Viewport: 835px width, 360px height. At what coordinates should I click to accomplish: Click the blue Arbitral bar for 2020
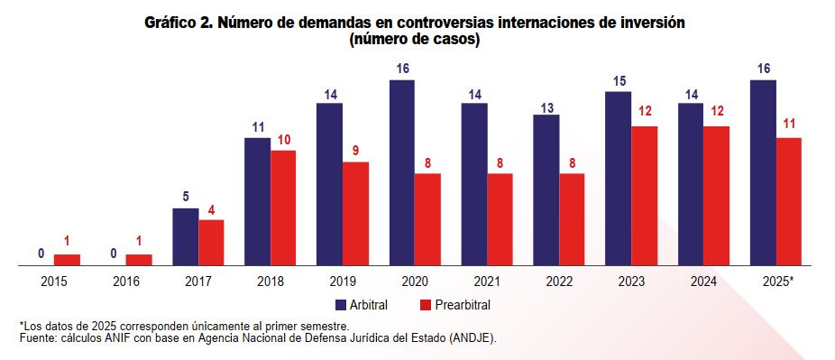402,172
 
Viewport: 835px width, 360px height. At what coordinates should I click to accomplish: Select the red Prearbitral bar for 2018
283,208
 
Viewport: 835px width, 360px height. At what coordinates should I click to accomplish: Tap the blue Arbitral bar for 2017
186,236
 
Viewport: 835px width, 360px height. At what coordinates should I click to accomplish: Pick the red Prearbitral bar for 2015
67,260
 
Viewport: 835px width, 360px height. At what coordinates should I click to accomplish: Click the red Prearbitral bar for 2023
644,196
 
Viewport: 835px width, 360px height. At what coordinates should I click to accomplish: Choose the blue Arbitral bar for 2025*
763,172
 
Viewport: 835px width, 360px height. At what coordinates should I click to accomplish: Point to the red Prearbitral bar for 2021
500,219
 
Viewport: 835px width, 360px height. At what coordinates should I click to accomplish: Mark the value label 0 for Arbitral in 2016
114,254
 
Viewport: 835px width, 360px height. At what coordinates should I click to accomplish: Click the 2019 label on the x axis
343,282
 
